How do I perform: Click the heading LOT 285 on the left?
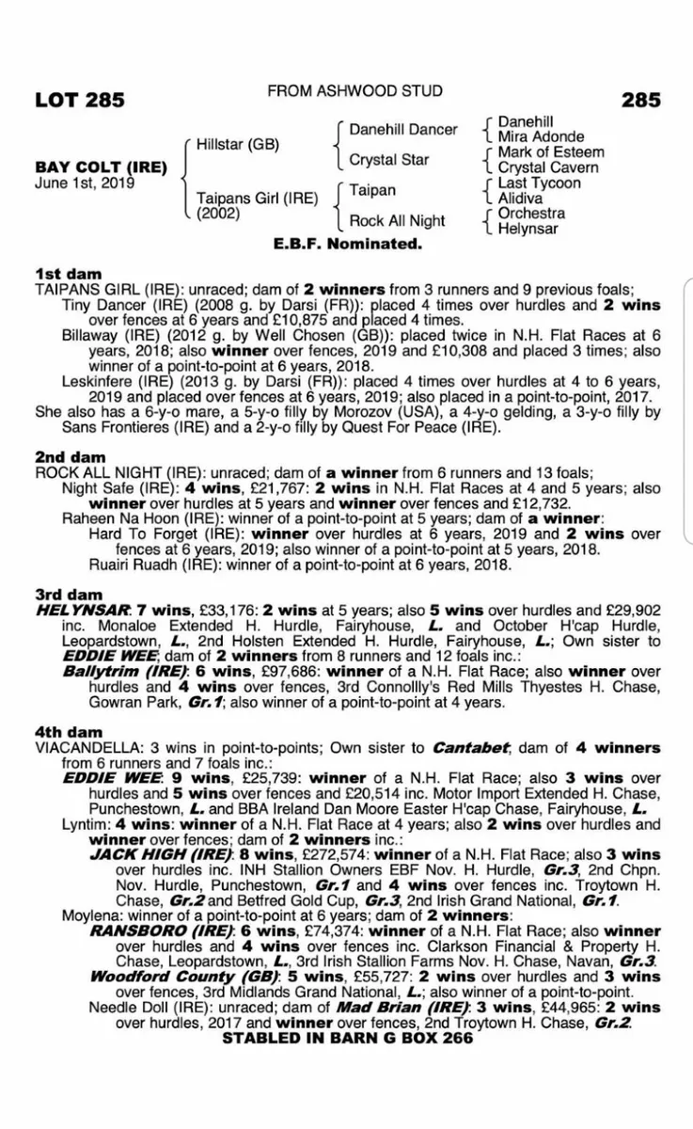tap(80, 100)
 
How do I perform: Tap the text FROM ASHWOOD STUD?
tap(355, 91)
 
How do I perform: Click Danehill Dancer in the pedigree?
tap(403, 129)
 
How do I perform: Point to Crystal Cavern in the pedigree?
tap(548, 167)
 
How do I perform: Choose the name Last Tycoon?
tap(540, 183)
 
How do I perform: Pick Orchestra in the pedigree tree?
tap(531, 214)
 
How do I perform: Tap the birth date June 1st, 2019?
tap(84, 183)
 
